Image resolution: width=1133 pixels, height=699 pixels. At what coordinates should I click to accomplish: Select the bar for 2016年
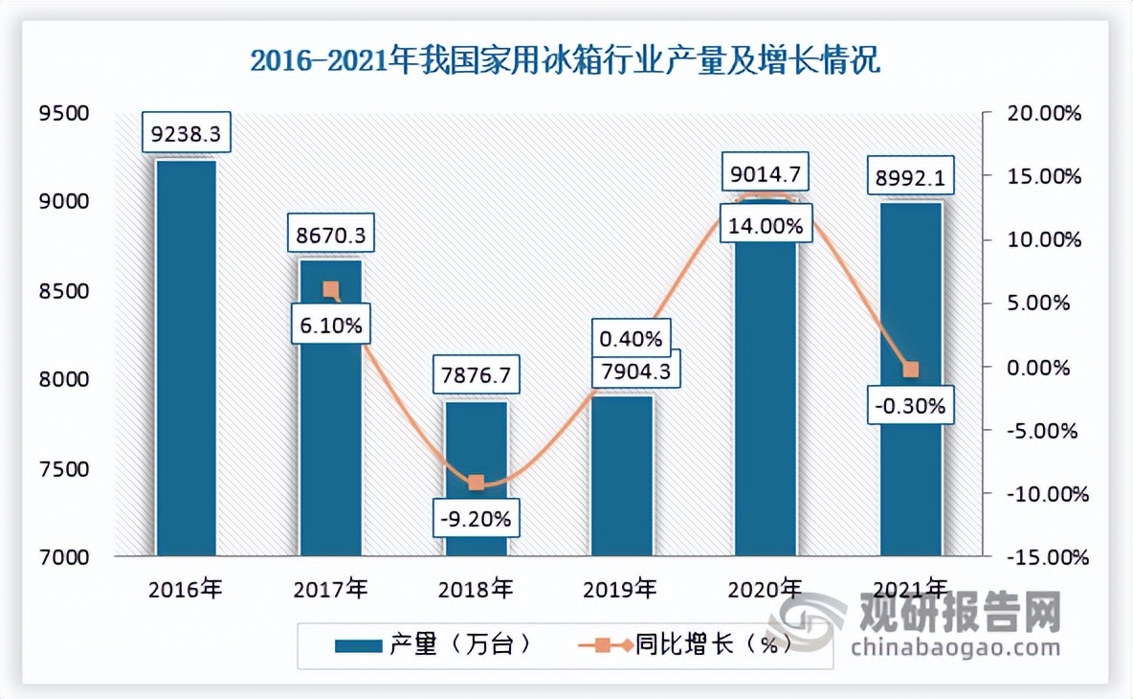pos(186,359)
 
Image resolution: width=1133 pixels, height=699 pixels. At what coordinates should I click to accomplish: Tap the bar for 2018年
pos(477,479)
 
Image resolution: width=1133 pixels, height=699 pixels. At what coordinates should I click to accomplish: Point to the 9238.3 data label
pos(186,135)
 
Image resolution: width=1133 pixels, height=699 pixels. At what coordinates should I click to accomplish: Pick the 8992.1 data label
pos(910,177)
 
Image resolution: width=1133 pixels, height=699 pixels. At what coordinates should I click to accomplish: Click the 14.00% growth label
pos(766,227)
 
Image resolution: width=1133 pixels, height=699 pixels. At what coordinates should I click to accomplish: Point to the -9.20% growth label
pos(477,520)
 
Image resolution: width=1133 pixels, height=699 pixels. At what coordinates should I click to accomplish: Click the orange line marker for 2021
pos(911,370)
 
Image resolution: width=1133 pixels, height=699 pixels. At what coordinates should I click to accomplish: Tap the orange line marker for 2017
pos(330,289)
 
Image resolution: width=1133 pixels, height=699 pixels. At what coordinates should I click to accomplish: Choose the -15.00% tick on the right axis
pos(1044,556)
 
